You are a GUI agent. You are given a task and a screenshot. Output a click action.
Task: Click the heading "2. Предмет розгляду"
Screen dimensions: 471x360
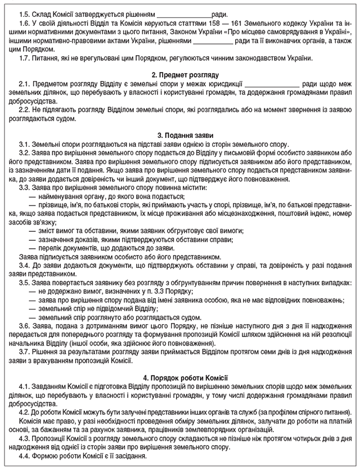[181, 74]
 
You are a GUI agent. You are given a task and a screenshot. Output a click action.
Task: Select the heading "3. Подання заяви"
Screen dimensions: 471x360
[181, 135]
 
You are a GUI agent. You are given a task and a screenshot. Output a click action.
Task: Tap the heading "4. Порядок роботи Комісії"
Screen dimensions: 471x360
[181, 376]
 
